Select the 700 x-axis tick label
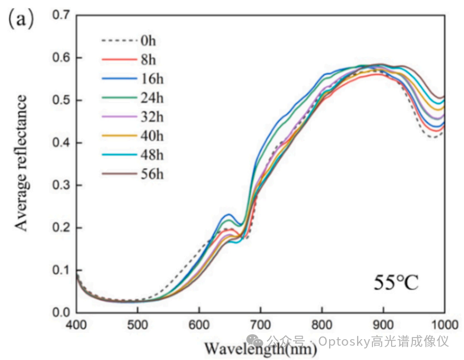coord(261,324)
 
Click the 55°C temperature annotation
coord(396,283)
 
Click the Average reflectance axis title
coord(21,163)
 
